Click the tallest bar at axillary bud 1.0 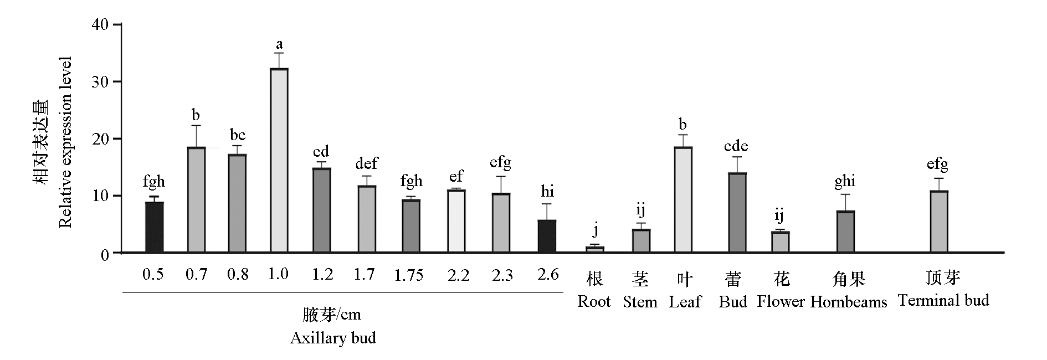[x=279, y=161]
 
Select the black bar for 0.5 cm [x=154, y=228]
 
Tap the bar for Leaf [x=683, y=200]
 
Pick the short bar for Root [x=595, y=250]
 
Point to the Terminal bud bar [x=938, y=222]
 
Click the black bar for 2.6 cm [x=546, y=236]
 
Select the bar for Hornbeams [x=845, y=232]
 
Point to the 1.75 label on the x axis [x=409, y=275]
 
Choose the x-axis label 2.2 [x=458, y=275]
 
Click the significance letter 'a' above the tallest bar [x=279, y=44]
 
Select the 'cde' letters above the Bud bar [x=736, y=146]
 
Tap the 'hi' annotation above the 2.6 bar [x=547, y=192]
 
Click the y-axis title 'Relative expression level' [x=65, y=142]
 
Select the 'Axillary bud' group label [x=333, y=338]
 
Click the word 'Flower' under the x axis [x=781, y=302]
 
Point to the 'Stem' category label [x=640, y=302]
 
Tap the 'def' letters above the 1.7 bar [x=366, y=163]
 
